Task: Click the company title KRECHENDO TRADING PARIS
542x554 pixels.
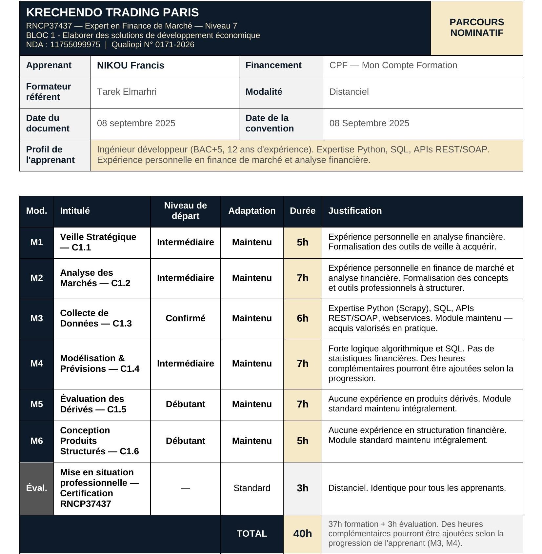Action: coord(112,12)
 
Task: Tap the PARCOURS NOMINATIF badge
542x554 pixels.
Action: coord(476,28)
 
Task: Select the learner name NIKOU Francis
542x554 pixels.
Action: coord(130,65)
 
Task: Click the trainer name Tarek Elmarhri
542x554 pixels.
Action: coord(127,92)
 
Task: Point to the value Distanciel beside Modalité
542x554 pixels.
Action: coord(349,92)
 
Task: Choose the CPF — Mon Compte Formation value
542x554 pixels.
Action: coord(393,65)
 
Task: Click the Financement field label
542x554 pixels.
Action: coord(273,65)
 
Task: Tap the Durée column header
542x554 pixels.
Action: coord(302,211)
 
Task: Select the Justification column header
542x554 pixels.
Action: coord(355,211)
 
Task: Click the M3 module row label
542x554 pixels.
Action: coord(37,318)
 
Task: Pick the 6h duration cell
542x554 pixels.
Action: coord(302,318)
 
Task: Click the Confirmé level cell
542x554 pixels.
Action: coord(185,318)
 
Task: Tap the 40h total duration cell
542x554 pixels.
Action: coord(302,534)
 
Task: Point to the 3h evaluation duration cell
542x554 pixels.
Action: coord(302,488)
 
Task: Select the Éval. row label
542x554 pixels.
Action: coord(37,488)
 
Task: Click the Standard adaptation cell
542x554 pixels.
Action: coord(251,488)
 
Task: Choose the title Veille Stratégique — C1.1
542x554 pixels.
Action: coord(98,242)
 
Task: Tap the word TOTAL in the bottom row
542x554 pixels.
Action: coord(251,534)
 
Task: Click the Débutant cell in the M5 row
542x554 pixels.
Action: coord(185,404)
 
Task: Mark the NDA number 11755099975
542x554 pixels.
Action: coord(75,45)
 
